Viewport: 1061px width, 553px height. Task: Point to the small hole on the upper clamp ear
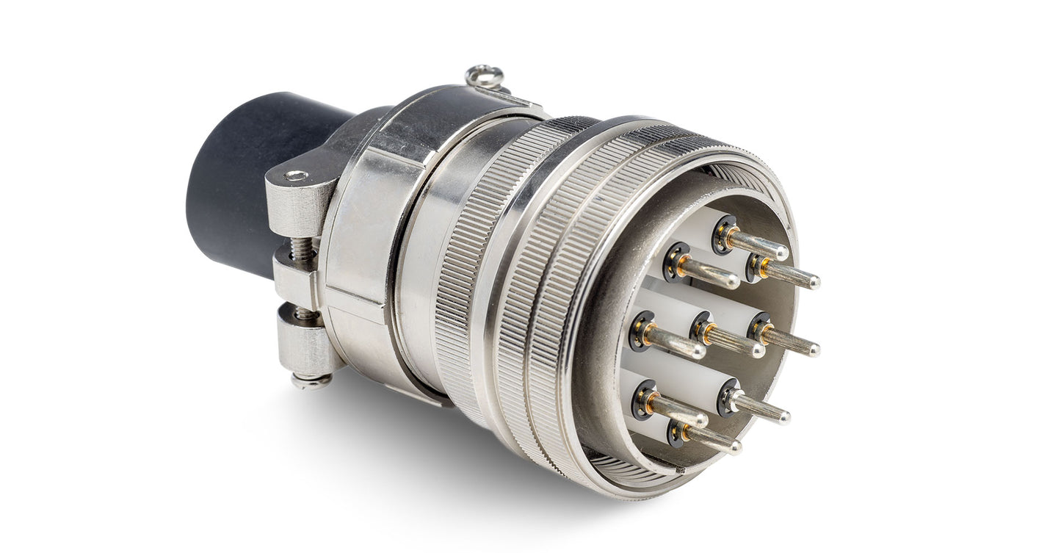tap(297, 176)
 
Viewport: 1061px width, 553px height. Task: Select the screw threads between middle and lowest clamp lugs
tap(303, 313)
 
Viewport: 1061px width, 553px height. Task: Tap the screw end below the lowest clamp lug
tap(310, 380)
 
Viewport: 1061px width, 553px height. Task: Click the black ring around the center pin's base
tap(701, 325)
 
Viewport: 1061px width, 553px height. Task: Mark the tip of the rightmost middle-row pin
tap(814, 351)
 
